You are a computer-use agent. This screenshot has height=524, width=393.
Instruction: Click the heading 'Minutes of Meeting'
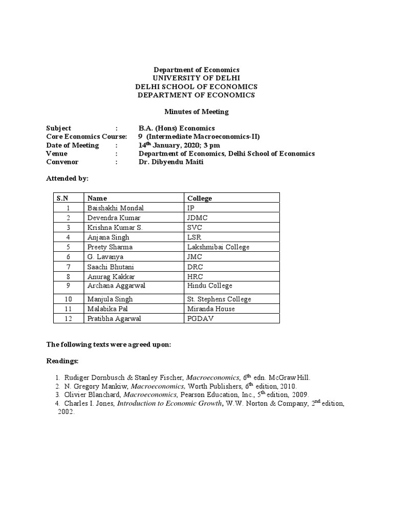pyautogui.click(x=196, y=112)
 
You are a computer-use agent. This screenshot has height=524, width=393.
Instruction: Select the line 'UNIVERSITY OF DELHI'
pyautogui.click(x=196, y=78)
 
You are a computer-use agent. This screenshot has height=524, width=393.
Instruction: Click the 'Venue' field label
pyautogui.click(x=57, y=154)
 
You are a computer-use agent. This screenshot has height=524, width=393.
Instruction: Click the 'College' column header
pyautogui.click(x=200, y=198)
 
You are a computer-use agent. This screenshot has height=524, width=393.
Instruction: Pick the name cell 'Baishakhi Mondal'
pyautogui.click(x=116, y=208)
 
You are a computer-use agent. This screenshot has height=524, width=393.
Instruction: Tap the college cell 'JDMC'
pyautogui.click(x=198, y=217)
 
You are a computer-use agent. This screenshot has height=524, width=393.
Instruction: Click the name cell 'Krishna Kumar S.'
pyautogui.click(x=115, y=227)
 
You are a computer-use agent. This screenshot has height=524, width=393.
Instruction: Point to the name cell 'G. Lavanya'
pyautogui.click(x=105, y=256)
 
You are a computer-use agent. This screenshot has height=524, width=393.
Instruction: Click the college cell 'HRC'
pyautogui.click(x=195, y=276)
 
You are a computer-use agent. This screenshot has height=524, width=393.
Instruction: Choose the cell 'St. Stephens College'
pyautogui.click(x=219, y=299)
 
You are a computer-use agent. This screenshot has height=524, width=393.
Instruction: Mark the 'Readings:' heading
pyautogui.click(x=62, y=361)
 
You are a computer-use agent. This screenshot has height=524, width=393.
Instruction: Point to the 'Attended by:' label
pyautogui.click(x=67, y=179)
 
